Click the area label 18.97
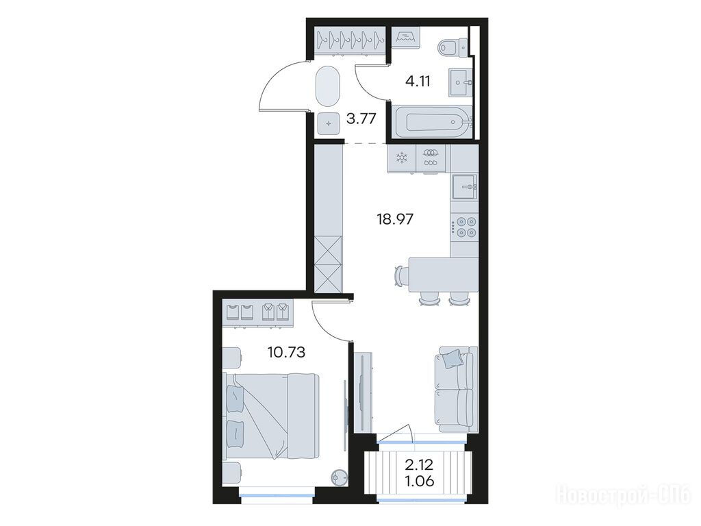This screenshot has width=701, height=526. (395, 219)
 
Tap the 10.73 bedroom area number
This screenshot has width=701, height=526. (286, 353)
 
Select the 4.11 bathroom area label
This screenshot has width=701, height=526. (418, 82)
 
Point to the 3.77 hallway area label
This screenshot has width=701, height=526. (361, 118)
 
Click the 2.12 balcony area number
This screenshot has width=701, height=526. (420, 465)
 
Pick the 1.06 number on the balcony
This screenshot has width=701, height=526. (420, 481)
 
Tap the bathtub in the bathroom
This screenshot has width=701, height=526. (430, 121)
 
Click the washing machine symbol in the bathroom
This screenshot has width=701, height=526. (406, 36)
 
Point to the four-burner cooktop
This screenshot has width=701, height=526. (464, 226)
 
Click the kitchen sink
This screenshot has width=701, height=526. (464, 186)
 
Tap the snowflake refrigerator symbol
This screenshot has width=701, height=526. (402, 158)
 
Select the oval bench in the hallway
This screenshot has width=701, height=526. (329, 87)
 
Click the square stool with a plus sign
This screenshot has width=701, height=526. (329, 124)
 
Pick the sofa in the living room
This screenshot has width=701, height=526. (455, 389)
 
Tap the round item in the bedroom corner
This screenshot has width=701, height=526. (339, 477)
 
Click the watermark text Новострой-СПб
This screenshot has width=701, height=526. (623, 496)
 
